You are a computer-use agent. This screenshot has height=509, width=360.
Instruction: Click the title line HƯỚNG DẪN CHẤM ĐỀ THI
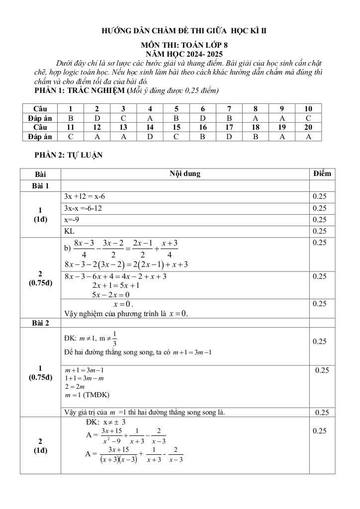point(184,31)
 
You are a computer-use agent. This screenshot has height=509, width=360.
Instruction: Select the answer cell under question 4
point(150,118)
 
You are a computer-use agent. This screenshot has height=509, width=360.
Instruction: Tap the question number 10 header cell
point(308,108)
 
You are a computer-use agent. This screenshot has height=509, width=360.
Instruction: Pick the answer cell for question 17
point(229,137)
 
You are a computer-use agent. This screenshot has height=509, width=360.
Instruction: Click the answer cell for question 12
point(97,137)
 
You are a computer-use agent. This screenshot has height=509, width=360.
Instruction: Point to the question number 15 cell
point(177,127)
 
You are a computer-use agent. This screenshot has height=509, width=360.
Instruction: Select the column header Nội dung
point(184,174)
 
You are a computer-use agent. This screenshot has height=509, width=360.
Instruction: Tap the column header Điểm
point(322,173)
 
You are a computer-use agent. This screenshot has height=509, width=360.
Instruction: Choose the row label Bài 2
point(40,323)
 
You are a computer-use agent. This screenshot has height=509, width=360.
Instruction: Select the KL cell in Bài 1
point(69,231)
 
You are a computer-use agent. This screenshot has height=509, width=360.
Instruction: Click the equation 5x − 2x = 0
point(111,295)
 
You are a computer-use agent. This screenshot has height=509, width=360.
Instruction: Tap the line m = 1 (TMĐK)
point(87,395)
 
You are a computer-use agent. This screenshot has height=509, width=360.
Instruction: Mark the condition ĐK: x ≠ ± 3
point(105,422)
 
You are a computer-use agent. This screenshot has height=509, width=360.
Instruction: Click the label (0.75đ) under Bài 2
point(40,377)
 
